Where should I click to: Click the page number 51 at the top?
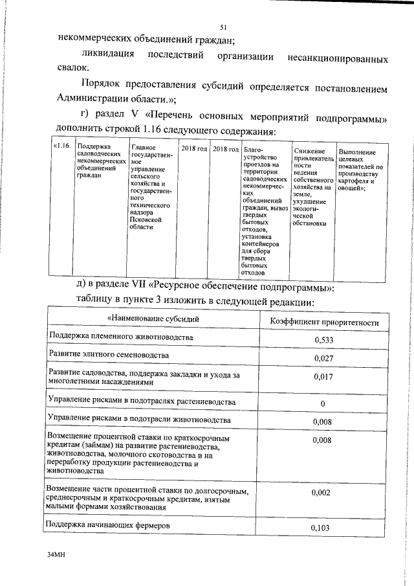coord(223,27)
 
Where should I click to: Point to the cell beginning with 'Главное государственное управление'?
coord(151,188)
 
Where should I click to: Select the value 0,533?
coord(323,340)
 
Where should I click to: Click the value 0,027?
coord(323,358)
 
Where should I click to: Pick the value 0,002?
coord(321,493)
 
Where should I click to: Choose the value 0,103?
coord(321,528)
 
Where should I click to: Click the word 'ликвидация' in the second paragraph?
coord(111,54)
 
